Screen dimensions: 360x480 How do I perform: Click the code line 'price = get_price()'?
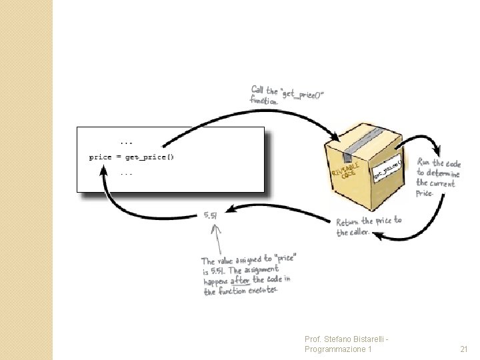(131, 157)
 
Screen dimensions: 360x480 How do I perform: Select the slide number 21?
(464, 349)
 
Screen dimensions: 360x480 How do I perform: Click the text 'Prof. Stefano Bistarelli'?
(345, 339)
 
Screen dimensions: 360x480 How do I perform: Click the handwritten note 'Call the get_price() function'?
(287, 95)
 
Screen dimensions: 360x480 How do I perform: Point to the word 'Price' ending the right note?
(425, 194)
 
